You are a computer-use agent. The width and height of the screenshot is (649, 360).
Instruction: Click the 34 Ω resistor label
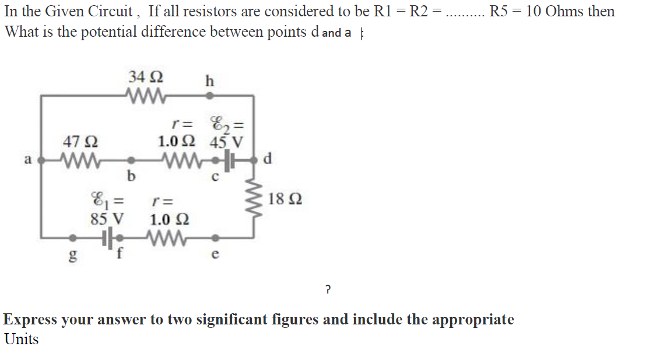coord(146,76)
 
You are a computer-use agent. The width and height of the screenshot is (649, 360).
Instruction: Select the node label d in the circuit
coord(266,158)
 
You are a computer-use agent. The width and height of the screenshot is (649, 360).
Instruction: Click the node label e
coord(215,254)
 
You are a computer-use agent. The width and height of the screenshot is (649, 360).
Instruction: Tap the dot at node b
coord(132,159)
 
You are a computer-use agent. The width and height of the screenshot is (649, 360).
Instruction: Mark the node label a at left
coord(27,159)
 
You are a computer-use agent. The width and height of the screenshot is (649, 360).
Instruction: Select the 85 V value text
coord(107,220)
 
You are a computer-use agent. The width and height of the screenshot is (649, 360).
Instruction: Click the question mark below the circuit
coord(328,288)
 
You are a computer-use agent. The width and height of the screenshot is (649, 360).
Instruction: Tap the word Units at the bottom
coord(22,339)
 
